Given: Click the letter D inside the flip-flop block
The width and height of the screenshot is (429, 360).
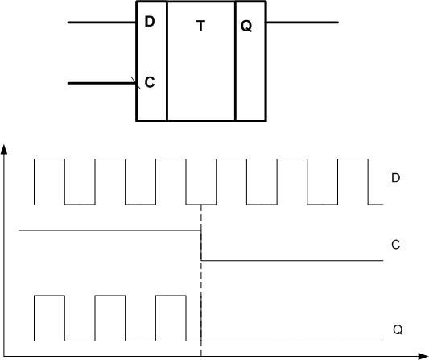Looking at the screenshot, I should pyautogui.click(x=150, y=22).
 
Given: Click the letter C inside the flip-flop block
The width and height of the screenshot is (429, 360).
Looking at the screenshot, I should pyautogui.click(x=150, y=82).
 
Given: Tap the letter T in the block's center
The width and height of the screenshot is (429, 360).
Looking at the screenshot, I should pyautogui.click(x=201, y=27).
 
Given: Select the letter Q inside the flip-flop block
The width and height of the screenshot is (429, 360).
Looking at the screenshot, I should pyautogui.click(x=246, y=27).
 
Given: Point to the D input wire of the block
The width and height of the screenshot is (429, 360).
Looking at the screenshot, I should pyautogui.click(x=101, y=23).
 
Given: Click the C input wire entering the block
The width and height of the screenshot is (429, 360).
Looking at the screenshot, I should pyautogui.click(x=101, y=82).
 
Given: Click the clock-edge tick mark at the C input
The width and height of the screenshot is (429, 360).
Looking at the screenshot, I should pyautogui.click(x=135, y=81).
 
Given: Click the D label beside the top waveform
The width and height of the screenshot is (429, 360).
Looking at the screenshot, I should pyautogui.click(x=396, y=178).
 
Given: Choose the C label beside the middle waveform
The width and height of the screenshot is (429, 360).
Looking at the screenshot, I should pyautogui.click(x=396, y=244).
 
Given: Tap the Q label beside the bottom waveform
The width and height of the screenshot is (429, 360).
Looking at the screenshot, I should pyautogui.click(x=398, y=329).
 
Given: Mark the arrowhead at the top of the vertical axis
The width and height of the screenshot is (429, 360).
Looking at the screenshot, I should pyautogui.click(x=6, y=150).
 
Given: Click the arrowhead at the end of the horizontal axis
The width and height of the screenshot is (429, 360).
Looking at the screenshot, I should pyautogui.click(x=422, y=354).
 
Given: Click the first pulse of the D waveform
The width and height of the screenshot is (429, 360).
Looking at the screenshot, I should pyautogui.click(x=49, y=160).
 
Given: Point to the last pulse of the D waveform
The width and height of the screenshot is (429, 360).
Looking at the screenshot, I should pyautogui.click(x=353, y=160).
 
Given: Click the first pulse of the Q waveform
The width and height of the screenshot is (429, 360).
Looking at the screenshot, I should pyautogui.click(x=49, y=297).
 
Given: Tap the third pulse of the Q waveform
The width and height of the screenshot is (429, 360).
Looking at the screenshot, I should pyautogui.click(x=171, y=297).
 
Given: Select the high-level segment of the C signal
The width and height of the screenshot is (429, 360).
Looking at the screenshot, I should pyautogui.click(x=109, y=230).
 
